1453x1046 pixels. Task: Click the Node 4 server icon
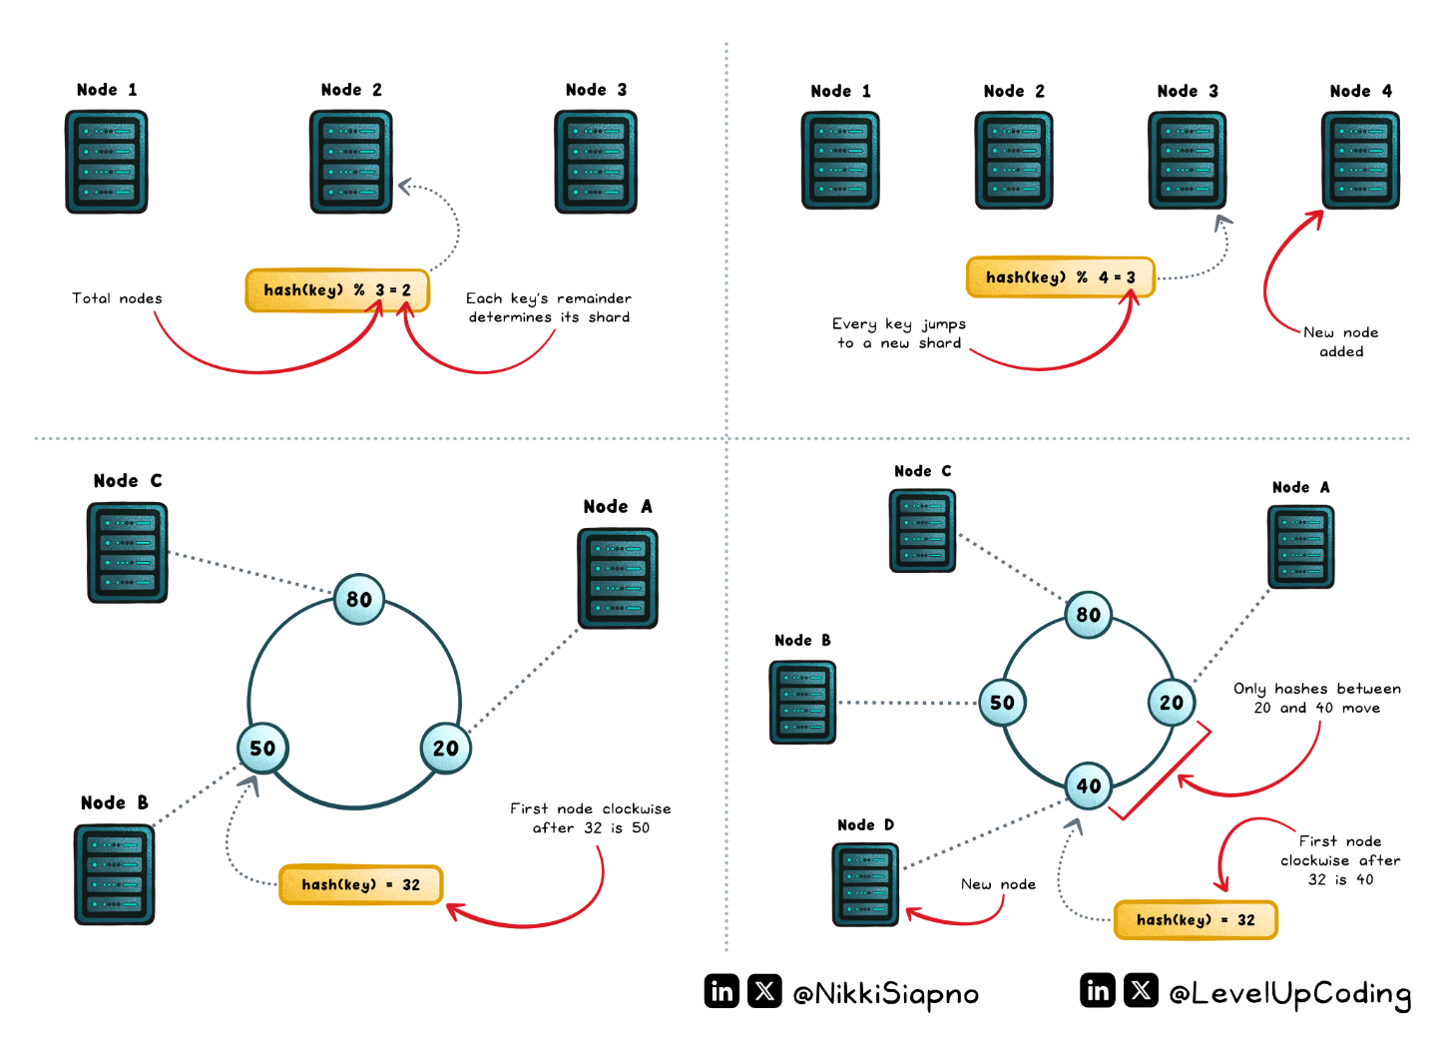1360,160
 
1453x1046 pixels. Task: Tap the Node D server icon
865,884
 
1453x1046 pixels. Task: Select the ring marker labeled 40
1089,785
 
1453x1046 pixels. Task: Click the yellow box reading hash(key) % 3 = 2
337,290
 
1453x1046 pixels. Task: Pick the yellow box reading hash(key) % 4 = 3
1060,277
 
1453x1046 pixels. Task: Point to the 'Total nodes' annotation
117,298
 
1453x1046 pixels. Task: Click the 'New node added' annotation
1341,341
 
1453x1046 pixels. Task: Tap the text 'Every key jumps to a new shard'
899,333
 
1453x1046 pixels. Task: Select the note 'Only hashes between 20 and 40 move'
1317,698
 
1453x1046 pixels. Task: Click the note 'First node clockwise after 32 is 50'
591,817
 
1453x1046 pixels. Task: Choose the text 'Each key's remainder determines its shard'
549,307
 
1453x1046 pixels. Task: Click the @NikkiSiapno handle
885,993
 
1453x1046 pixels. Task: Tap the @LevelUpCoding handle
1289,992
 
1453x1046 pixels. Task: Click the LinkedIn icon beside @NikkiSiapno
722,991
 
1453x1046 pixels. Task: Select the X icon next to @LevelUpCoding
1141,990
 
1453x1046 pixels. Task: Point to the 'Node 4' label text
1360,91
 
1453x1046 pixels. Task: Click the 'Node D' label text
865,824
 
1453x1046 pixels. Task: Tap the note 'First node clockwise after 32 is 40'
1340,859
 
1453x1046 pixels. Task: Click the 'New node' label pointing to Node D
998,884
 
